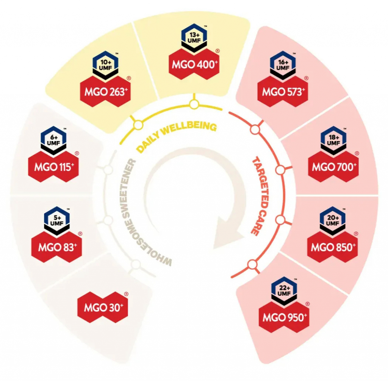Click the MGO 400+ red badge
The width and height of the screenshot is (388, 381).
click(194, 64)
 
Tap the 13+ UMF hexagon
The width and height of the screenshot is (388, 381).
click(194, 37)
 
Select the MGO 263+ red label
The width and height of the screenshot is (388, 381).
click(105, 92)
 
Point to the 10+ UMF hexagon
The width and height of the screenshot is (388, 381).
click(105, 64)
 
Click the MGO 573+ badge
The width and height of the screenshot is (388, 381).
click(283, 92)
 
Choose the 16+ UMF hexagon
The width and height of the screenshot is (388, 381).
click(283, 64)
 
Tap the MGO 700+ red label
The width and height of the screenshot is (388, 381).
click(333, 167)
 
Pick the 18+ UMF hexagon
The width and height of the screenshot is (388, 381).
click(333, 140)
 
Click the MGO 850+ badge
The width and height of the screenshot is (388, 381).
click(333, 247)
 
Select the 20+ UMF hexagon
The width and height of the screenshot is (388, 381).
click(333, 220)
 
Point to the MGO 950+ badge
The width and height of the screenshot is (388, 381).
click(284, 317)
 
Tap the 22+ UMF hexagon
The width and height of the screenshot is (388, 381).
click(284, 290)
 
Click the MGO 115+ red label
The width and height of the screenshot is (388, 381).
click(53, 167)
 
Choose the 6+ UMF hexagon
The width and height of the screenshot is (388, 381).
click(53, 140)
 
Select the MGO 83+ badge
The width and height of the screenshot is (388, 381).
click(57, 247)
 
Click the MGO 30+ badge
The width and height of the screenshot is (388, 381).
click(103, 307)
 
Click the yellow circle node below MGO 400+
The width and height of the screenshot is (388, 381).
click(194, 105)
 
